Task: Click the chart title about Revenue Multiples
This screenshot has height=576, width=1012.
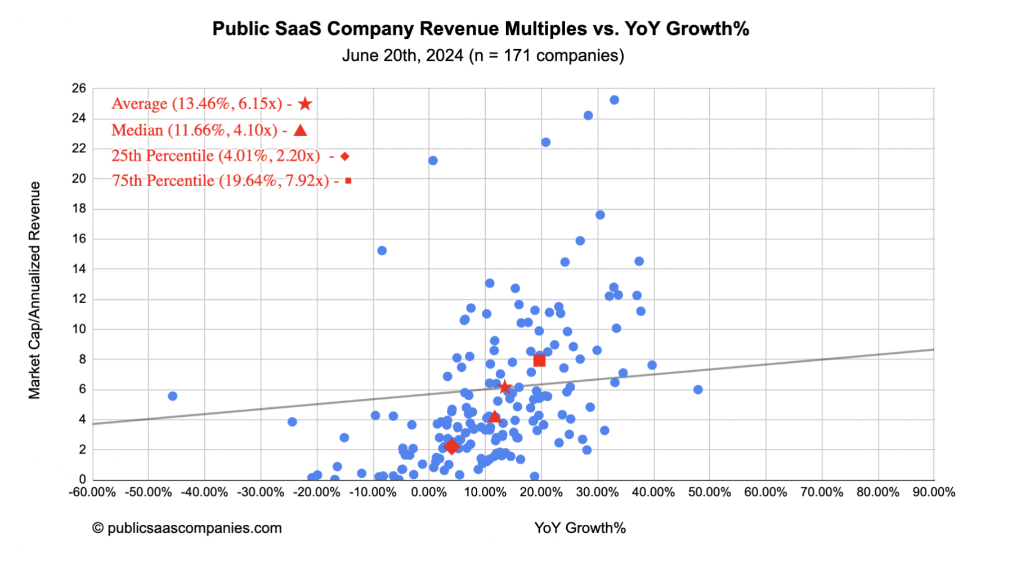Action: click(x=480, y=29)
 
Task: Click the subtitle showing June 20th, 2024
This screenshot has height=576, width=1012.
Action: click(x=482, y=56)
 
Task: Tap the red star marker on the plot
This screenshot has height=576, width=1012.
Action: click(x=504, y=387)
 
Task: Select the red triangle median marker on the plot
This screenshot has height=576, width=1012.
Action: click(x=494, y=417)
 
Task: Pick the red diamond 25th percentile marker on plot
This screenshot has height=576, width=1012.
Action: click(x=451, y=447)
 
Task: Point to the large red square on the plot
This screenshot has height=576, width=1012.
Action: click(x=539, y=361)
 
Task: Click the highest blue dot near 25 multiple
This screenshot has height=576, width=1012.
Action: click(x=614, y=100)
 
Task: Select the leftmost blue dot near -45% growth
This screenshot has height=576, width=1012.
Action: click(x=173, y=396)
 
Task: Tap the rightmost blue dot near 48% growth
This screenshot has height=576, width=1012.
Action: click(x=698, y=390)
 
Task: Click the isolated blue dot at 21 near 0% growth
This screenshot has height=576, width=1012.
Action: click(x=433, y=161)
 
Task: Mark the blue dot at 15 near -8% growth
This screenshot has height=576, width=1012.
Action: click(x=382, y=250)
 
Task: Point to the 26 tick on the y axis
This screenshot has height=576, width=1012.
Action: click(x=79, y=88)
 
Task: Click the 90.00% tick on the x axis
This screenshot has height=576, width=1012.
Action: click(x=934, y=493)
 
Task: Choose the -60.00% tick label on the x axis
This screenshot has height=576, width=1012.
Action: click(x=92, y=493)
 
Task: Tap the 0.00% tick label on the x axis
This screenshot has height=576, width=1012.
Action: click(x=429, y=493)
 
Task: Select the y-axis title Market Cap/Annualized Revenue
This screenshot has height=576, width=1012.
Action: click(x=35, y=290)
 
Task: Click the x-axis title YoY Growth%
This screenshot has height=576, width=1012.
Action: click(x=580, y=528)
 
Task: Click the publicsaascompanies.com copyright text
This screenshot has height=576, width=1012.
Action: click(x=187, y=528)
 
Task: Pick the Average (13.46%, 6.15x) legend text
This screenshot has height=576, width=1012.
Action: click(x=196, y=104)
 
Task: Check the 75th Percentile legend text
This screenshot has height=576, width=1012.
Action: click(x=220, y=181)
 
